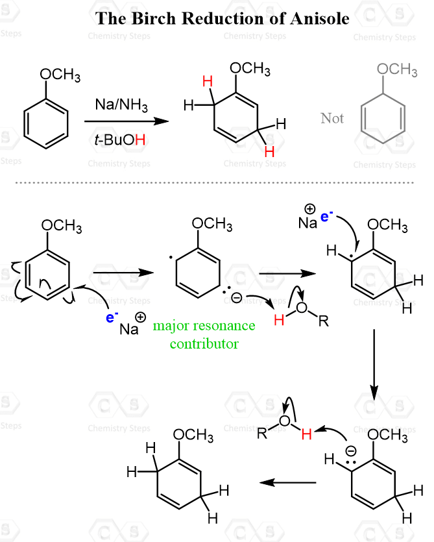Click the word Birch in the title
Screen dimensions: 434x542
[154, 18]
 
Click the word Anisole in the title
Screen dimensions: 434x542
[320, 18]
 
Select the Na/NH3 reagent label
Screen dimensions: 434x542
[121, 105]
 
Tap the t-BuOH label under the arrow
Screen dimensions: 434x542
[119, 140]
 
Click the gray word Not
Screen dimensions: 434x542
[332, 118]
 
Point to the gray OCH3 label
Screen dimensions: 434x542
[397, 69]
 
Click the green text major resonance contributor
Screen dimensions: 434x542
[204, 334]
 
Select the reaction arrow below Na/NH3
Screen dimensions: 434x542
[127, 121]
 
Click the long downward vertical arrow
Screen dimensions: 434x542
[374, 365]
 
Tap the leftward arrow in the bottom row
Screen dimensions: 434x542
[287, 482]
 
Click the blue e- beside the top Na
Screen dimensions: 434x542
[326, 216]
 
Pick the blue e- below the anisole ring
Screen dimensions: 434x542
[112, 317]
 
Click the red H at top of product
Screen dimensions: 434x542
[208, 82]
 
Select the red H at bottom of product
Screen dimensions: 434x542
[269, 151]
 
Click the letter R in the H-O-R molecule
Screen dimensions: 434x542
[324, 321]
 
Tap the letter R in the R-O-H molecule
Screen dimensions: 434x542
[262, 433]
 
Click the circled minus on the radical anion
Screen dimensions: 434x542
[236, 297]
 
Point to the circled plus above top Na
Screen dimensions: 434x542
[309, 209]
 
